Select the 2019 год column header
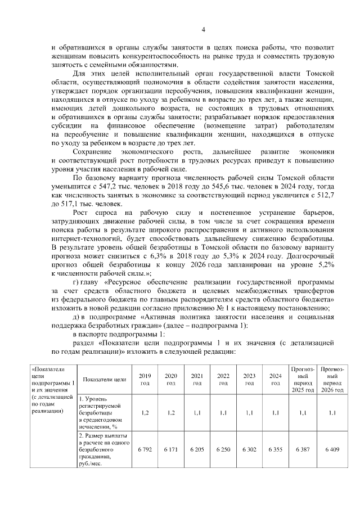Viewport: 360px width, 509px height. pyautogui.click(x=145, y=379)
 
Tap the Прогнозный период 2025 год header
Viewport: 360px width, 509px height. pyautogui.click(x=303, y=379)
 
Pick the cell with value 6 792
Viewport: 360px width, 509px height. pyautogui.click(x=145, y=451)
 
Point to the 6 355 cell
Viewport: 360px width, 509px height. pyautogui.click(x=275, y=451)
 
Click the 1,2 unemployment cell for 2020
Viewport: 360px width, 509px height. pyautogui.click(x=172, y=412)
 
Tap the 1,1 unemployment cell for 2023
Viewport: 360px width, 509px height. pyautogui.click(x=249, y=412)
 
